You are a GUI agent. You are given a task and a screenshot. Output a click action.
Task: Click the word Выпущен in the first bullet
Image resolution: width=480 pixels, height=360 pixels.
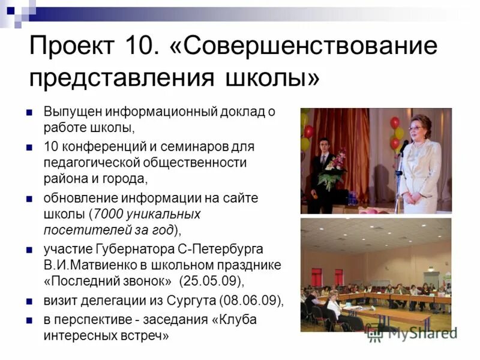click(73, 113)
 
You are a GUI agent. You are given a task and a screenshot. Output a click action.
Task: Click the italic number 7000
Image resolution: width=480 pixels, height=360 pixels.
click(107, 214)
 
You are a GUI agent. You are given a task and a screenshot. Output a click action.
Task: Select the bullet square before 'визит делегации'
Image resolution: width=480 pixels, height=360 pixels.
click(28, 301)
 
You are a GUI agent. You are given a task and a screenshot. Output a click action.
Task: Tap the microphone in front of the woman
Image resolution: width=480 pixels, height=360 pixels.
click(403, 145)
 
